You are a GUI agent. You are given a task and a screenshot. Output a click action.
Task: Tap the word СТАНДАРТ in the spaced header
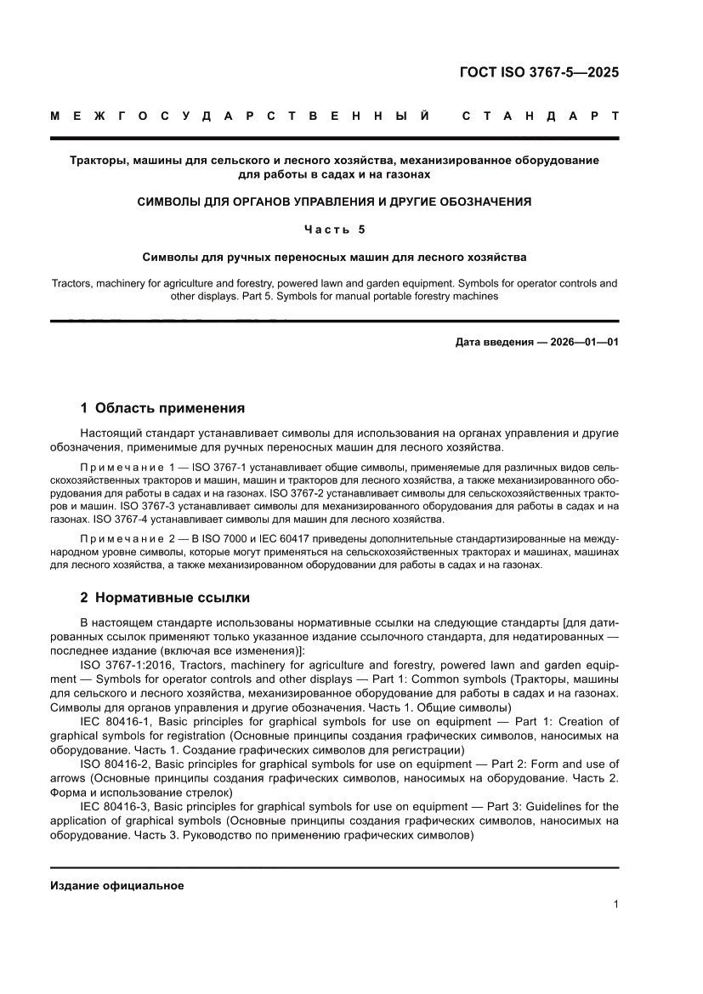tap(540, 115)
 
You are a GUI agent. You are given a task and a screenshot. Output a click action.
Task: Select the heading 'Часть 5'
tap(334, 229)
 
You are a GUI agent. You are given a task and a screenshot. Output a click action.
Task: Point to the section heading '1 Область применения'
tap(162, 407)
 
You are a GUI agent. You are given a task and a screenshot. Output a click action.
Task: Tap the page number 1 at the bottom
tap(615, 905)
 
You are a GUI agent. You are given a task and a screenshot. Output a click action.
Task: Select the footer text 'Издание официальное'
tap(117, 885)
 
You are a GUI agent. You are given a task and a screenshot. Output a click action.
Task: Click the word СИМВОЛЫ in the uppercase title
tap(172, 202)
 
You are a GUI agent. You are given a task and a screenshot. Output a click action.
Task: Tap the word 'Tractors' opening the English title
tap(71, 283)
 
